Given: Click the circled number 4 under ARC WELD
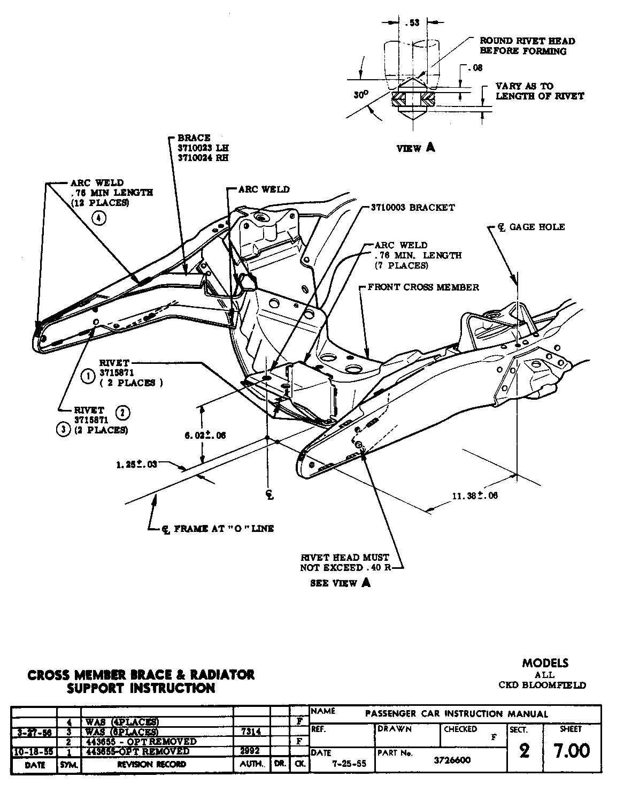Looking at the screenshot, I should point(99,218).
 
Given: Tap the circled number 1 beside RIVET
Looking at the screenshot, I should point(87,377).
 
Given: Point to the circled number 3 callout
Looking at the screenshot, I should point(64,430).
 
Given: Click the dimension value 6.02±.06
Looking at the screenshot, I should point(205,436).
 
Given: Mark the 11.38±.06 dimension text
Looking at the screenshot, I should point(475,496).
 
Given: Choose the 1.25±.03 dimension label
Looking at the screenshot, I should point(136,464).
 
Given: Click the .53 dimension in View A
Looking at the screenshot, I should point(412,22).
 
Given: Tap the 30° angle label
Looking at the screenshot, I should point(361,95).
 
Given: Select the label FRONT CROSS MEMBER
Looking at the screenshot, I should point(423,287).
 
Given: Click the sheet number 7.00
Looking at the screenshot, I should point(572,751).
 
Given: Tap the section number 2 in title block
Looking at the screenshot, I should point(524,751).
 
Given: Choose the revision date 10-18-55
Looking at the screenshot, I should point(34,752).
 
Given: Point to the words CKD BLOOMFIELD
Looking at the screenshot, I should point(542,685).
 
